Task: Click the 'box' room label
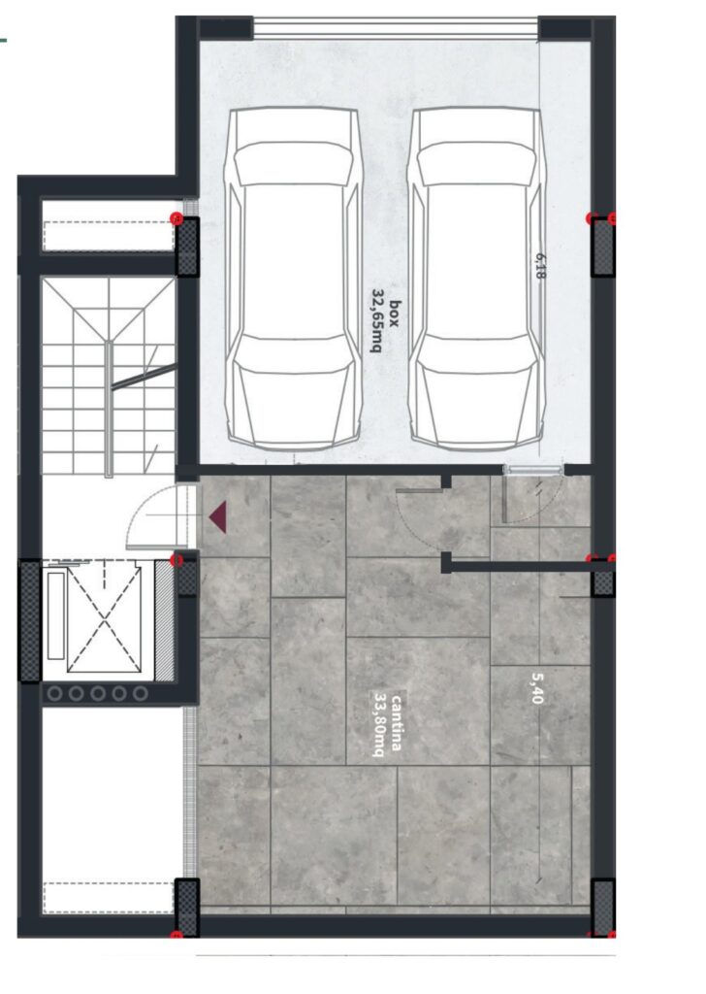395,314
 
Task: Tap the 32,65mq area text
378,321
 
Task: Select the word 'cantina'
396,723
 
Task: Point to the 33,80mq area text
380,723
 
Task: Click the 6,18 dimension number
540,266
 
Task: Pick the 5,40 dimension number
537,688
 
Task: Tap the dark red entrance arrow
218,516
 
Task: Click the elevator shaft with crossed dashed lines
104,619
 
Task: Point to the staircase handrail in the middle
109,409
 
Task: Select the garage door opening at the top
396,28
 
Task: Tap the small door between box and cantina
533,470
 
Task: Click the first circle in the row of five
55,693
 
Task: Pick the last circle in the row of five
141,693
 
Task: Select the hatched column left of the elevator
30,620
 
